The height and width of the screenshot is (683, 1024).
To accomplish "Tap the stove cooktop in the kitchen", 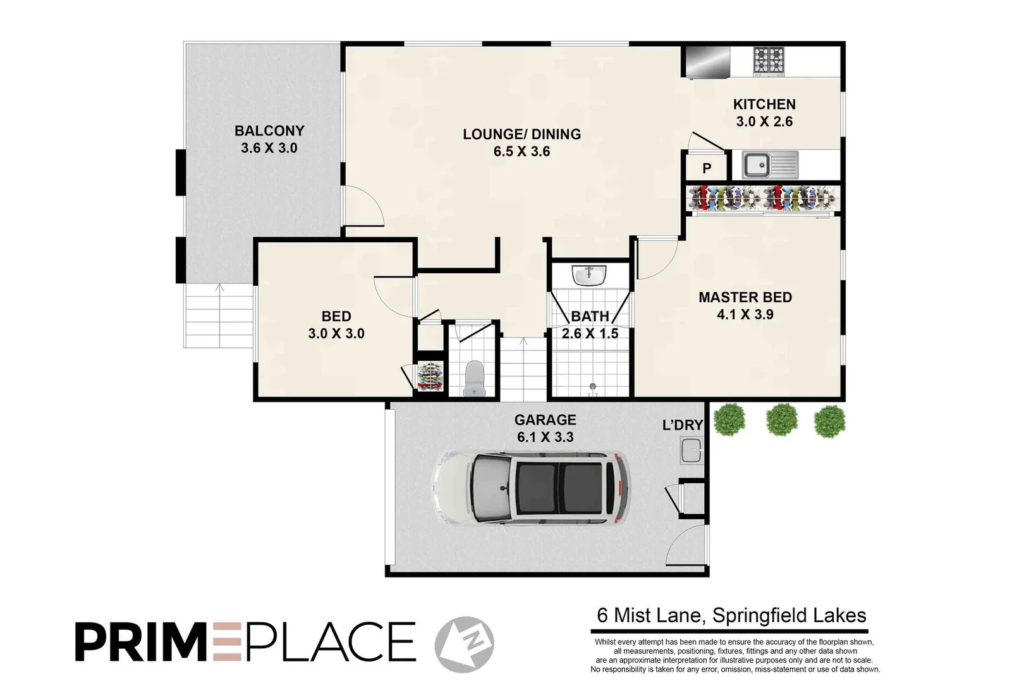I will click(x=769, y=61).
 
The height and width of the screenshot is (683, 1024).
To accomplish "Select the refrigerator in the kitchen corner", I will click(x=707, y=63).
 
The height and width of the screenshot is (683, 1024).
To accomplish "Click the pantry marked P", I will click(x=707, y=168).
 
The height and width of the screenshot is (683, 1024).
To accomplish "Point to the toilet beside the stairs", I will click(x=473, y=378).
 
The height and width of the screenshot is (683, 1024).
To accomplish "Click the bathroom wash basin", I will click(x=589, y=275).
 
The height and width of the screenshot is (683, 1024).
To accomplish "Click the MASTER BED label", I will click(x=745, y=297).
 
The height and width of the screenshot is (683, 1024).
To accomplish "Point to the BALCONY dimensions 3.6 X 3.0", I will click(x=269, y=148).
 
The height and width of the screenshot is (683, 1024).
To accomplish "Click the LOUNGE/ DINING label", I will click(x=521, y=134).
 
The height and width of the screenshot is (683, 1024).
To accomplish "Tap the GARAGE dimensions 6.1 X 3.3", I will click(x=545, y=437).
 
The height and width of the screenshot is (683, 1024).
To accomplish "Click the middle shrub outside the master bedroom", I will click(x=781, y=420).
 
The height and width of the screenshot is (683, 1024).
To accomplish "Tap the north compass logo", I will click(x=465, y=644).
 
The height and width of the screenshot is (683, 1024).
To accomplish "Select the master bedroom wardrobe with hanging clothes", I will click(x=764, y=198).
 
